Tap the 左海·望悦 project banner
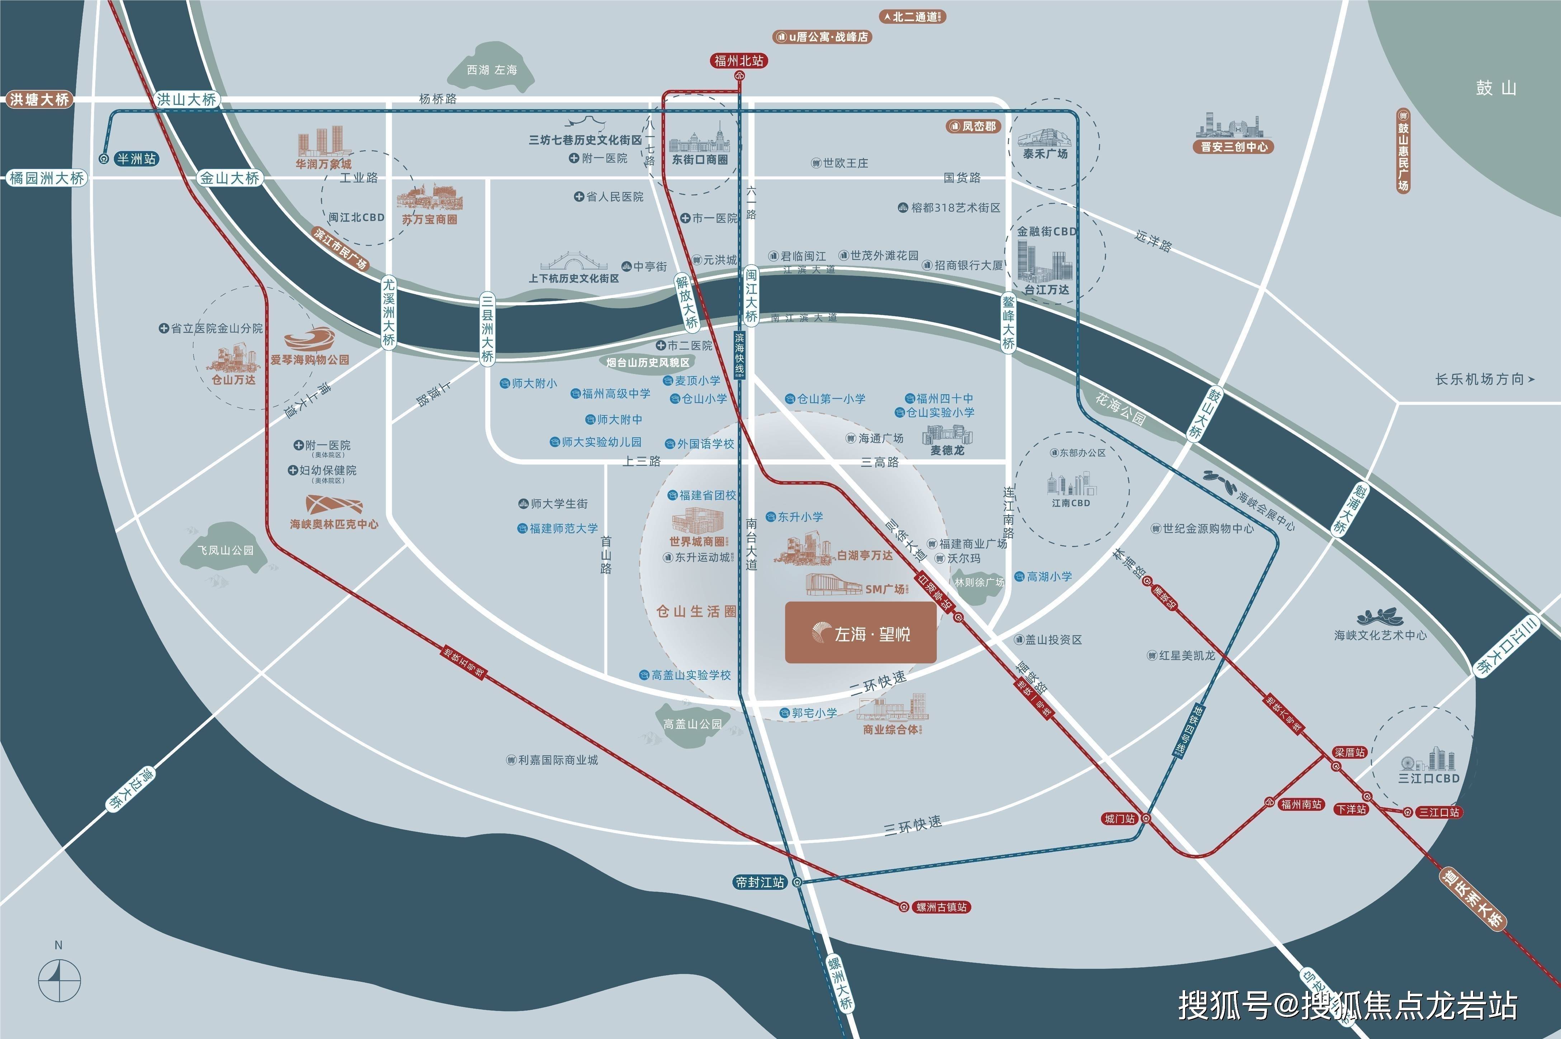point(861,633)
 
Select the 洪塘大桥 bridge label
point(38,99)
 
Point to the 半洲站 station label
point(136,159)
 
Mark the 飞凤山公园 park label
point(225,550)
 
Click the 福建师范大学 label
point(563,528)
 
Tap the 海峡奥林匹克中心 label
point(334,524)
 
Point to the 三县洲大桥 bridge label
point(487,328)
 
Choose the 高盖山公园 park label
point(692,724)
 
